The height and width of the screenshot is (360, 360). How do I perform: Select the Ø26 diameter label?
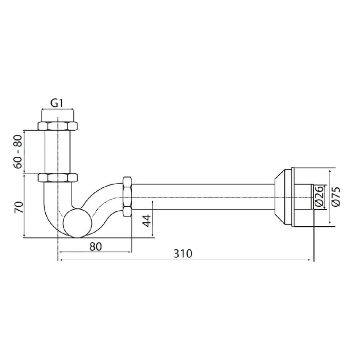(x=318, y=196)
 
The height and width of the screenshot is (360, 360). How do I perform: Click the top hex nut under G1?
(x=57, y=126)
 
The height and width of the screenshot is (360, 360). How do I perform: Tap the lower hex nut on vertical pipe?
(x=57, y=178)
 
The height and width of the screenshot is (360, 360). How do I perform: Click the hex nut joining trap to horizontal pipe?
(x=127, y=196)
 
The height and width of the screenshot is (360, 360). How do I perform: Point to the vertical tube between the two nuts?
(x=57, y=152)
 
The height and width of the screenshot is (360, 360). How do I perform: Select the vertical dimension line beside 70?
(x=24, y=206)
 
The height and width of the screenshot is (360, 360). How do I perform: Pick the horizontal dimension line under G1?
(x=57, y=110)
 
